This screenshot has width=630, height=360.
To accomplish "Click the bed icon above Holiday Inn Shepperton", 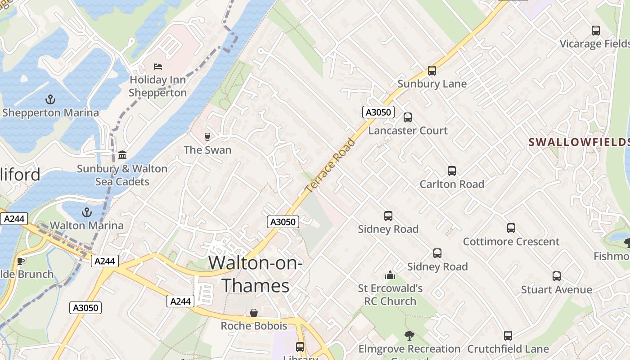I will pyautogui.click(x=157, y=67).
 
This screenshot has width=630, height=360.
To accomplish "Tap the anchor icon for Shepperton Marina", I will pyautogui.click(x=50, y=99).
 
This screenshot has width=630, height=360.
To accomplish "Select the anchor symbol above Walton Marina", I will pyautogui.click(x=86, y=212).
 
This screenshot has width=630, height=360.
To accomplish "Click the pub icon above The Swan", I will pyautogui.click(x=207, y=136).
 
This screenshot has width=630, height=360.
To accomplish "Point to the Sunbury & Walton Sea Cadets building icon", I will pyautogui.click(x=122, y=155).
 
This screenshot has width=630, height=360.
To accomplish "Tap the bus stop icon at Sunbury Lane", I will pyautogui.click(x=432, y=71).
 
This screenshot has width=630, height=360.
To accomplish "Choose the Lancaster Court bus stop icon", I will pyautogui.click(x=408, y=117).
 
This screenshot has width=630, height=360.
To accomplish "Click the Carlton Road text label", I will pyautogui.click(x=452, y=184).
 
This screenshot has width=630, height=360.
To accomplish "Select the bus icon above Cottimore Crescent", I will pyautogui.click(x=511, y=228).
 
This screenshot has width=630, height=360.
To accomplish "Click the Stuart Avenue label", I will pyautogui.click(x=557, y=289).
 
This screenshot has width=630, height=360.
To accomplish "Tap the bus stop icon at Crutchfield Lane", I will pyautogui.click(x=508, y=336).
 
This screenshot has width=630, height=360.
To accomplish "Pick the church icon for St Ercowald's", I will pyautogui.click(x=390, y=275).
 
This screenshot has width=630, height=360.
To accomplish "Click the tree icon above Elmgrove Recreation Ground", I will pyautogui.click(x=409, y=335).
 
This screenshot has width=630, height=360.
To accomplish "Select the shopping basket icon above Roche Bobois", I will pyautogui.click(x=254, y=313).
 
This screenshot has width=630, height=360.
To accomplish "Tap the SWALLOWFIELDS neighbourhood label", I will pyautogui.click(x=579, y=142).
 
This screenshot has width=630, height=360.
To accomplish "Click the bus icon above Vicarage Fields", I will pyautogui.click(x=596, y=31).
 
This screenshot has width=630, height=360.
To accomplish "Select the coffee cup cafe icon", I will pyautogui.click(x=20, y=261).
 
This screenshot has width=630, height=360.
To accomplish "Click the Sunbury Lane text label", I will pyautogui.click(x=432, y=84).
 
